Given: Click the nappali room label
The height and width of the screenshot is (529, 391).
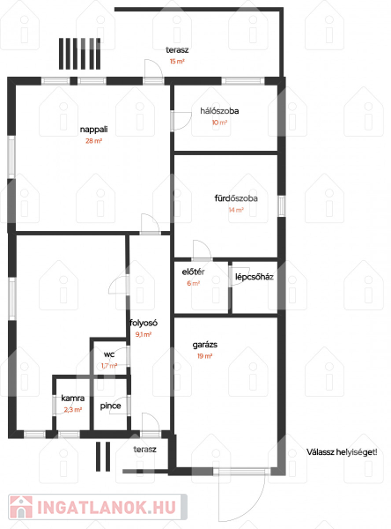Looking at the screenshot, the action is coord(93,130).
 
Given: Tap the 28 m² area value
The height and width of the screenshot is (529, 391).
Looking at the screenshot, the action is coord(93,141).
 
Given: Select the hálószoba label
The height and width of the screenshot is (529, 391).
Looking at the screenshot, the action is coord(219,111).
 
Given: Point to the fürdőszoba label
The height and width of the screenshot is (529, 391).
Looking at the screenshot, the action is coord(236,198).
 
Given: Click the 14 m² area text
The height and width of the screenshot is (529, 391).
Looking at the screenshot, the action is coord(236,210).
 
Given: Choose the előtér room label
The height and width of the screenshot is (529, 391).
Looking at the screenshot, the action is coord(193,272).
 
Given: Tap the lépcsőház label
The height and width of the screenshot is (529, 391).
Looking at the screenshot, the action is coord(255,277).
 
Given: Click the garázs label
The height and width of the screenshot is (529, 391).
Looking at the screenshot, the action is coord(205,345).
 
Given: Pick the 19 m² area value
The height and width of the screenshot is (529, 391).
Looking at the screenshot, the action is coord(205,356).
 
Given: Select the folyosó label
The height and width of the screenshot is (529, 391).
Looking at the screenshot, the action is coord(144,324).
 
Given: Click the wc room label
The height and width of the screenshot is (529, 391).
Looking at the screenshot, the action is coord(109,354).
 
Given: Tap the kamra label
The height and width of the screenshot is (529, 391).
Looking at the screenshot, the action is coord(73,399).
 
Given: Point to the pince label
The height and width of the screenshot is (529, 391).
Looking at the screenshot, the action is coord(111,406).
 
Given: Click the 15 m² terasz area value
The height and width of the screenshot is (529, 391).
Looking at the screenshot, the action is coord(177,62).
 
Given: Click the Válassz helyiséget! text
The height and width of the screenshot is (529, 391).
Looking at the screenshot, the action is coord(342,452).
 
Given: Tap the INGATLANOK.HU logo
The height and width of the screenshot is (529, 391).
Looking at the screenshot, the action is coord(98,508).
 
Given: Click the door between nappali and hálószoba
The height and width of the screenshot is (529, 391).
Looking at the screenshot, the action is coord(181,121).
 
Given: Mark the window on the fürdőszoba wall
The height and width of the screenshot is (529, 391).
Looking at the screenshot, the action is coord(282,205).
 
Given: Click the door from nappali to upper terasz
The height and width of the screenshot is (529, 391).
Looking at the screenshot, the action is coord(154,71).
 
